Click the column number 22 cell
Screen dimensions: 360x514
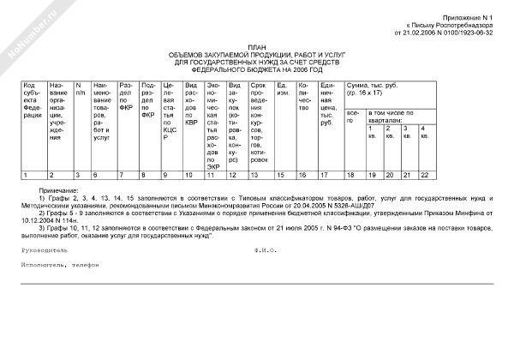pos(423,175)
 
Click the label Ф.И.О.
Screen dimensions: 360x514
pos(267,251)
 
